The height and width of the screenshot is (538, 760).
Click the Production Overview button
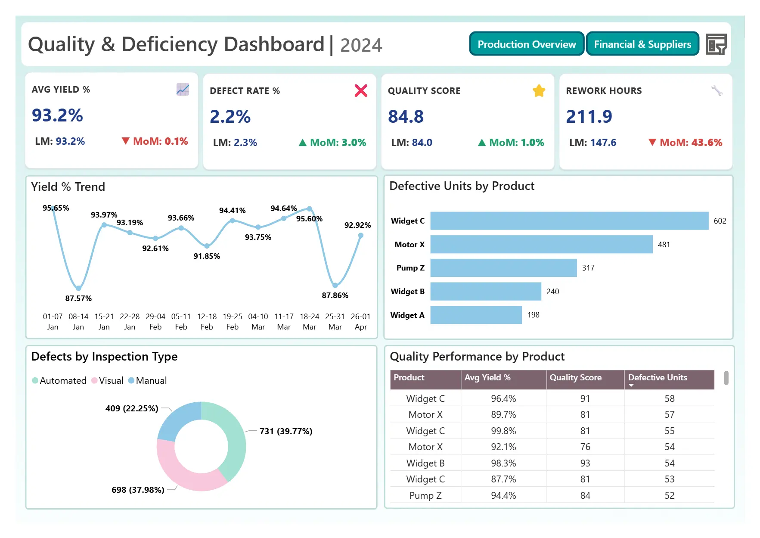(x=526, y=44)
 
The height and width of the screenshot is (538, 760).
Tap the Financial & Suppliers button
(x=642, y=44)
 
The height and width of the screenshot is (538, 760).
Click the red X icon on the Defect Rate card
(x=361, y=90)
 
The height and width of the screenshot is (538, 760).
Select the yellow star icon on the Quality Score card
(x=539, y=91)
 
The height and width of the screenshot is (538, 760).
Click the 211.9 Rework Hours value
(x=589, y=116)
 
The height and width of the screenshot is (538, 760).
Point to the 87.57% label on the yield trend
(x=78, y=298)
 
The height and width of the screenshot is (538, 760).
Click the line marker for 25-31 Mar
(x=335, y=285)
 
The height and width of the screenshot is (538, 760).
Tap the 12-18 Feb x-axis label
(x=207, y=321)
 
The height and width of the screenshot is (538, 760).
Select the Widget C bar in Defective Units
(x=569, y=221)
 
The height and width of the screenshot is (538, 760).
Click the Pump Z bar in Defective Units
(x=503, y=268)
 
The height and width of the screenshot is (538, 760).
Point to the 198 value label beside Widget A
(x=533, y=315)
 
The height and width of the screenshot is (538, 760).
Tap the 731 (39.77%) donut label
(x=285, y=431)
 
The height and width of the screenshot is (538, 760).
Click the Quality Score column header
(x=575, y=378)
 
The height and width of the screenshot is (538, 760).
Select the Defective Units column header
(x=657, y=378)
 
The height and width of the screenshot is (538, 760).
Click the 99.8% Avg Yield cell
(x=503, y=431)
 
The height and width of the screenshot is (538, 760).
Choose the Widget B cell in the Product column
(x=425, y=463)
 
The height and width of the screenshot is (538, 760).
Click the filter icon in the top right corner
(x=716, y=44)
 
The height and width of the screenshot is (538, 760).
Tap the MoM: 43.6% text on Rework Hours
(x=690, y=143)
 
